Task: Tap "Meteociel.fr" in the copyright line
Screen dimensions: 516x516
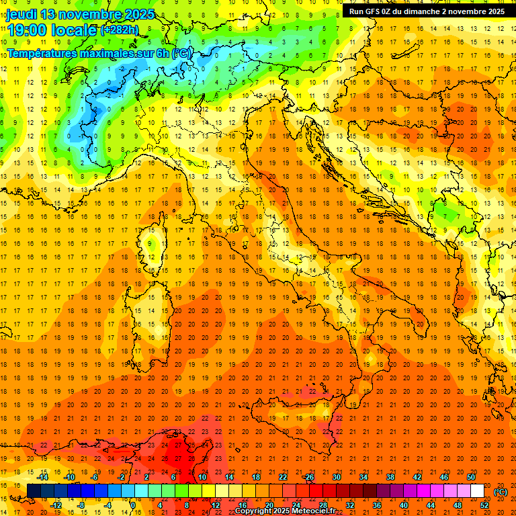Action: (313, 511)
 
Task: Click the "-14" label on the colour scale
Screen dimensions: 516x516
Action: (42, 477)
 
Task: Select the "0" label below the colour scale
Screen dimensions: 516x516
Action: (133, 505)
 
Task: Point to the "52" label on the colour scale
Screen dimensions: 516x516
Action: (484, 505)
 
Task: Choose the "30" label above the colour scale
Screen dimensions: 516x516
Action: (336, 477)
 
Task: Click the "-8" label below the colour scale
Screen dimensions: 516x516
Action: (81, 505)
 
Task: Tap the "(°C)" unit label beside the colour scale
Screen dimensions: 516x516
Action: (501, 492)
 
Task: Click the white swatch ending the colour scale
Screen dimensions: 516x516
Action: (477, 491)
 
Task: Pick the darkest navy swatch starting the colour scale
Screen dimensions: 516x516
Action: (34, 491)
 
